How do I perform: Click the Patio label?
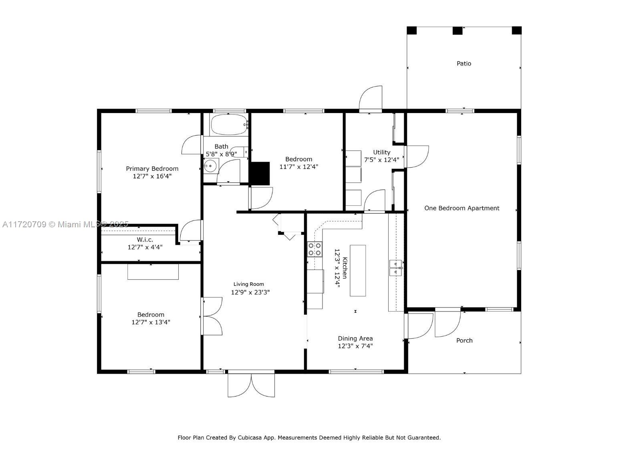[x=464, y=64]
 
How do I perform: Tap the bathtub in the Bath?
[x=229, y=125]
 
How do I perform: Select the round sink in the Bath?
[x=210, y=166]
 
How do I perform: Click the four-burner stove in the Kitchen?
[x=315, y=249]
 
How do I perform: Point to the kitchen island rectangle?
[x=358, y=270]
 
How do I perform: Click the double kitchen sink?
[x=396, y=268]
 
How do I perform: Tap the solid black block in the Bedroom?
[x=260, y=173]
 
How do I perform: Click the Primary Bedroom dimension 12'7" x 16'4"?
[x=152, y=176]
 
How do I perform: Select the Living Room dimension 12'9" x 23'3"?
[x=250, y=292]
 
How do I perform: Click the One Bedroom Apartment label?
[x=462, y=208]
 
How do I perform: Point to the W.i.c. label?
[x=145, y=240]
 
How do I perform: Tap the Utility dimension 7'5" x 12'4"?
[x=382, y=160]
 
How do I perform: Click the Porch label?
[x=464, y=341]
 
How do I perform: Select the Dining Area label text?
[x=355, y=338]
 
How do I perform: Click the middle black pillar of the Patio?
[x=458, y=31]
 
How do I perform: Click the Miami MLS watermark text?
[x=65, y=224]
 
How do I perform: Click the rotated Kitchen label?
[x=345, y=268]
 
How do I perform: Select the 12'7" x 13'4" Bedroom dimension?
[x=151, y=322]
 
